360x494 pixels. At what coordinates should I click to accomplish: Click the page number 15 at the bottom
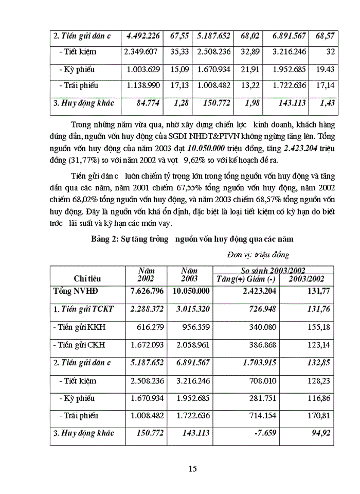coord(193,468)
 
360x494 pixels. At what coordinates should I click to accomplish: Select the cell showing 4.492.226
coord(142,36)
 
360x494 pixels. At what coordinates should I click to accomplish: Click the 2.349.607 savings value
coord(142,52)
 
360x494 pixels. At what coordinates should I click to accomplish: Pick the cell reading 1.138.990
coord(142,86)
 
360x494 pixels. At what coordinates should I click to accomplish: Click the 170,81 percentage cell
coord(318,415)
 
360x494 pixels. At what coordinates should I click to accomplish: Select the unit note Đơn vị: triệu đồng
coord(258,254)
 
